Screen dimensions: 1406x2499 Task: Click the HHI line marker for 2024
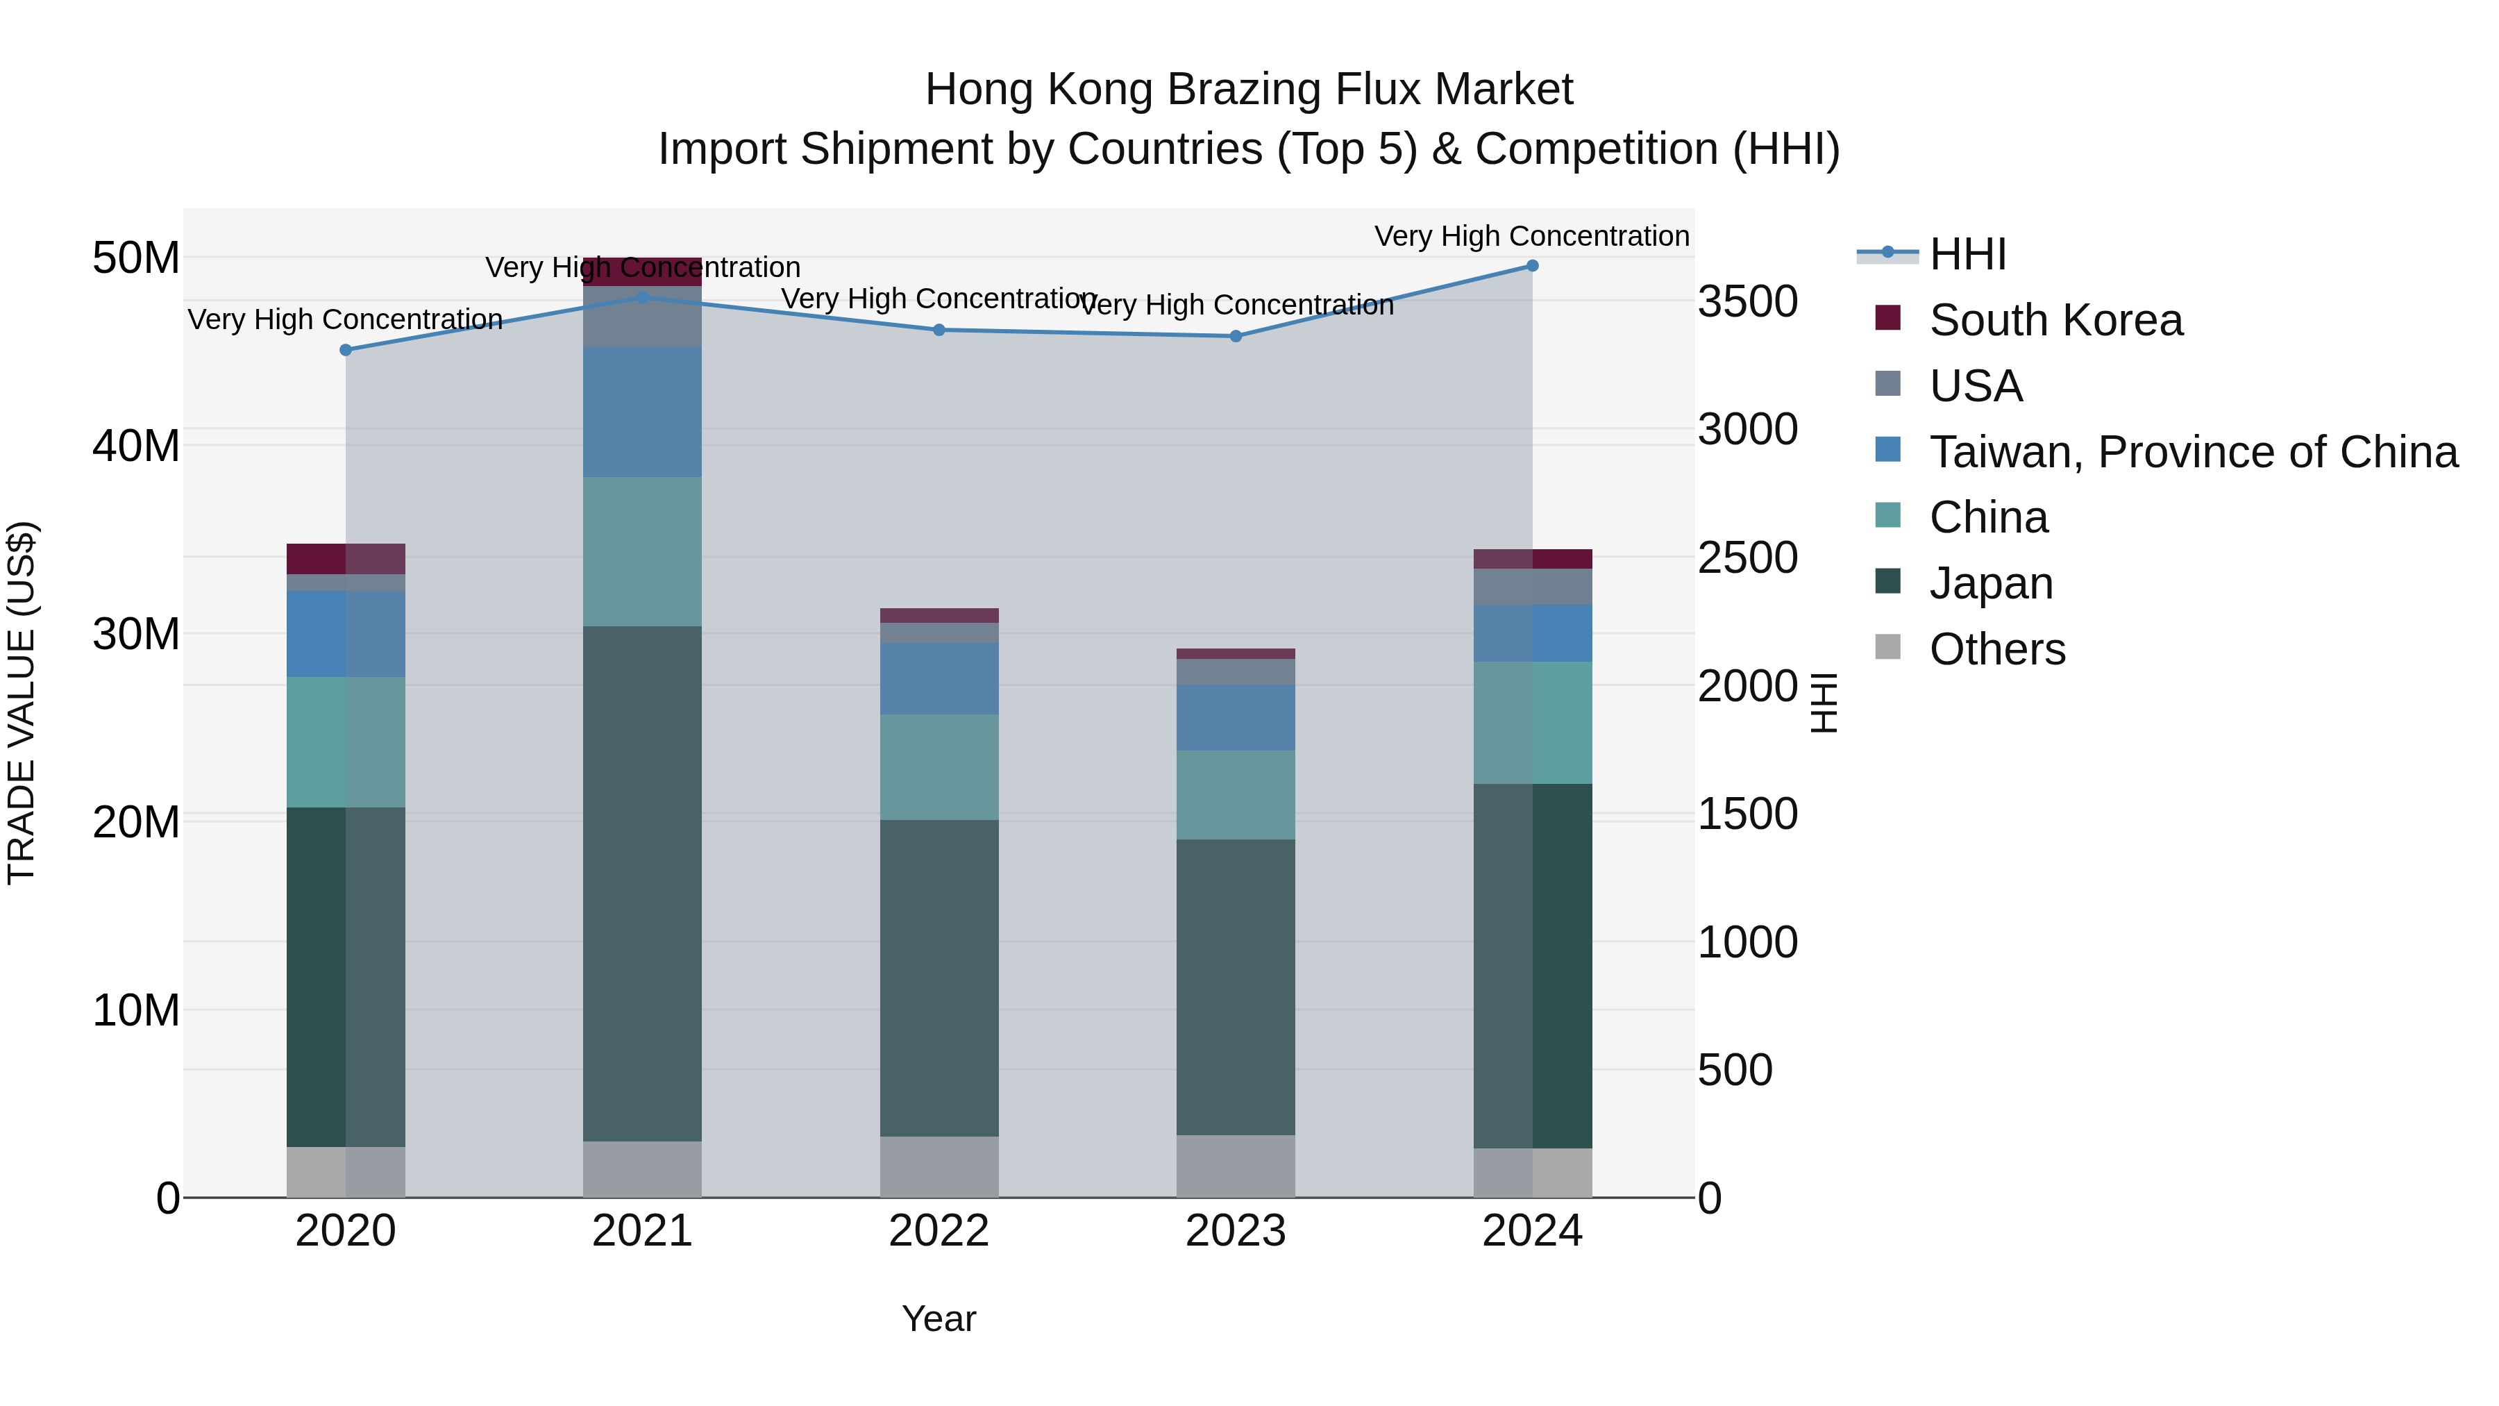[1532, 266]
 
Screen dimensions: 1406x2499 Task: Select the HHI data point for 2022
[938, 330]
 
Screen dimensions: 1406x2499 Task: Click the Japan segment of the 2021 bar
[642, 883]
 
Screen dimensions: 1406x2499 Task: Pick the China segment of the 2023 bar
[1235, 795]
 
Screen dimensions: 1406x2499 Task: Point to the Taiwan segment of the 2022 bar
[938, 678]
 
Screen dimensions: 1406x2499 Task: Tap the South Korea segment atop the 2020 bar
[346, 559]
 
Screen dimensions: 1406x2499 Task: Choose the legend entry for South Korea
[2055, 320]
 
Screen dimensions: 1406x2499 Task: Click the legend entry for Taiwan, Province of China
[2192, 452]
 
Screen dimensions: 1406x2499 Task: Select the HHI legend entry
[1967, 254]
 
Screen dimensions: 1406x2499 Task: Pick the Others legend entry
[1996, 649]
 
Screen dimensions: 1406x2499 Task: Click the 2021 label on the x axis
[642, 1231]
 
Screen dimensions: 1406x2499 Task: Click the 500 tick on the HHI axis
[1735, 1070]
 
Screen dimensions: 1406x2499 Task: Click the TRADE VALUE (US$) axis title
[22, 703]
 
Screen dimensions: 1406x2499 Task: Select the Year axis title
[938, 1319]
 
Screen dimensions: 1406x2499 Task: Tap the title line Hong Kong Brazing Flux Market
[1249, 90]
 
